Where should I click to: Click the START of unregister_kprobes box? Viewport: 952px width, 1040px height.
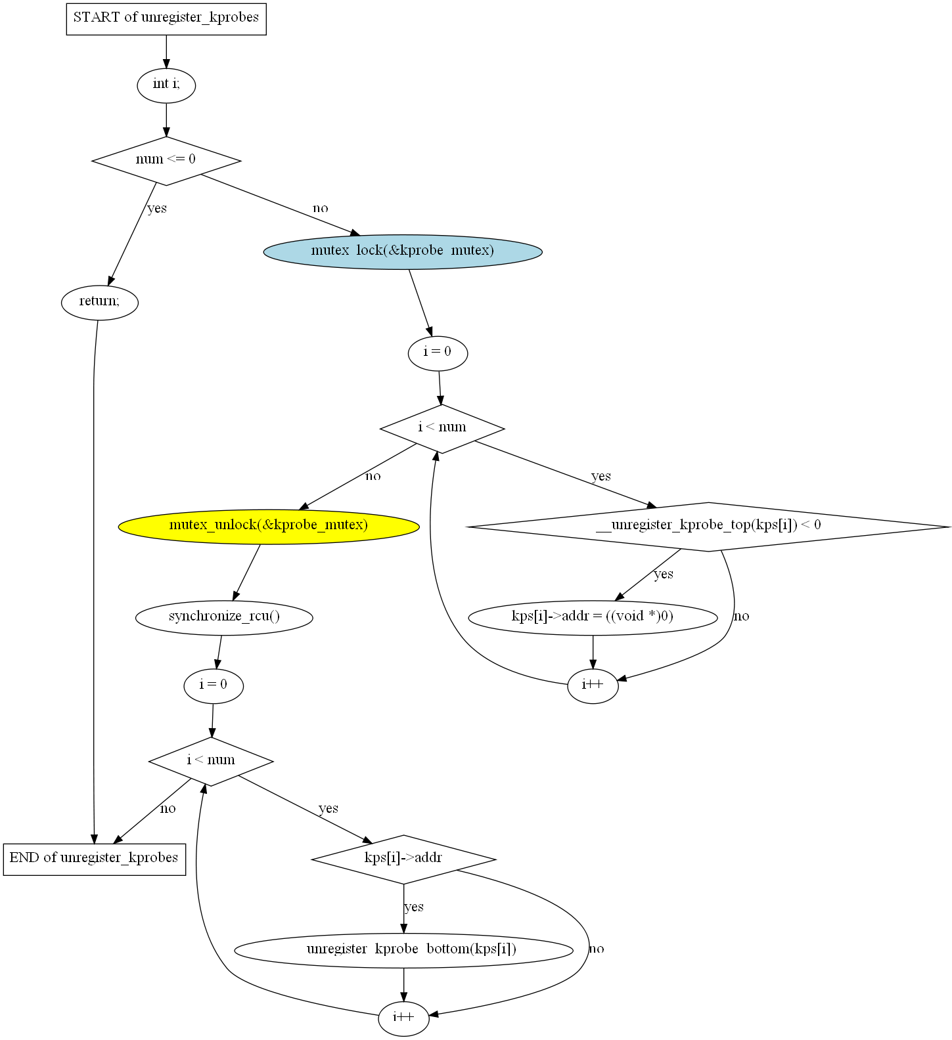click(166, 18)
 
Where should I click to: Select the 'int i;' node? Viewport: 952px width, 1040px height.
click(166, 85)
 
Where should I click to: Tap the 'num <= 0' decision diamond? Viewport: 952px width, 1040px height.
click(166, 160)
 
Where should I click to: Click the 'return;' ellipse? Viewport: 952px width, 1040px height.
click(100, 303)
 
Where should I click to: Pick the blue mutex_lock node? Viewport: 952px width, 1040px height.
click(403, 251)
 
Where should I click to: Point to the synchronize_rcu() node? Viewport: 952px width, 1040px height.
click(224, 618)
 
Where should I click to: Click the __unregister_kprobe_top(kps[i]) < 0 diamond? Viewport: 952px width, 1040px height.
click(708, 527)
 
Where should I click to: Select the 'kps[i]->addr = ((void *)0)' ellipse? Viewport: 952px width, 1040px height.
click(593, 618)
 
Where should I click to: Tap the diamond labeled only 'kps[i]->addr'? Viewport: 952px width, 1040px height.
click(403, 859)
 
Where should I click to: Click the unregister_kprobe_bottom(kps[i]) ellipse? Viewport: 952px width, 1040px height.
click(403, 950)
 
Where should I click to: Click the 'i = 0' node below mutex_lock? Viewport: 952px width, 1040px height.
click(438, 353)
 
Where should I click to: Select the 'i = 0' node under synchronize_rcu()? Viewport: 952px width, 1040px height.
click(214, 686)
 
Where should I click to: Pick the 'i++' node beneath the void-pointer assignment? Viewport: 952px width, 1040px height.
click(593, 686)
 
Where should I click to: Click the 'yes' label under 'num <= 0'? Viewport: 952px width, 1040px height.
click(157, 209)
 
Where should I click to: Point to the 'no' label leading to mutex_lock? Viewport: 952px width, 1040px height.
click(321, 209)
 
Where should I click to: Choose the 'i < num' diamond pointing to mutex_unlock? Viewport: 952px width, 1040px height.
click(442, 429)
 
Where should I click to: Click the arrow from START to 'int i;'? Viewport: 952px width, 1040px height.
click(166, 52)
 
